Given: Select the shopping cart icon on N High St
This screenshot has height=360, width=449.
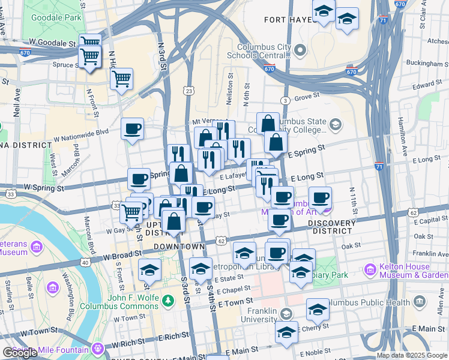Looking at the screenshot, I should click(121, 78).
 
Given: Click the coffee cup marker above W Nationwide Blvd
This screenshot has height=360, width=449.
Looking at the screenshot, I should click(132, 128).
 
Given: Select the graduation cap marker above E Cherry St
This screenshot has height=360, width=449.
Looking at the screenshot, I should click(318, 309).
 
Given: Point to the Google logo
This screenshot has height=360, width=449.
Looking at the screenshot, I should click(20, 352).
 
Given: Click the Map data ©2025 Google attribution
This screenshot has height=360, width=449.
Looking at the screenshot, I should click(411, 355).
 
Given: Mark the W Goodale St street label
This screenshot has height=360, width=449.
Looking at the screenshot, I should click(52, 43).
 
